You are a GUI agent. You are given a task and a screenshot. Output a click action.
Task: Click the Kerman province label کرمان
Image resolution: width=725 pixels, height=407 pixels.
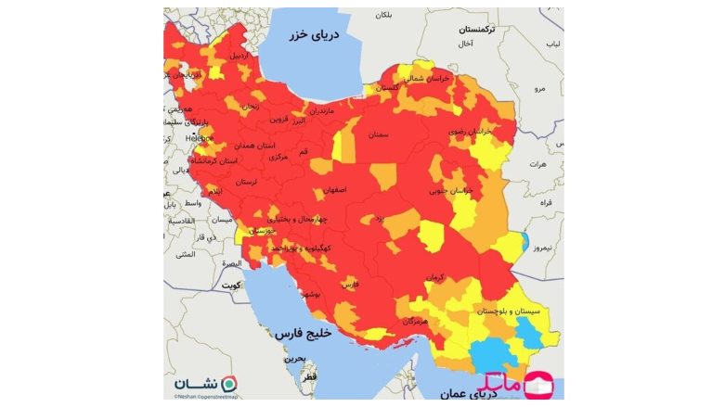click(436, 277)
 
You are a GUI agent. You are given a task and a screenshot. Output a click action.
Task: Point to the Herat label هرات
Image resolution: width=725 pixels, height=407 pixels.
click(537, 164)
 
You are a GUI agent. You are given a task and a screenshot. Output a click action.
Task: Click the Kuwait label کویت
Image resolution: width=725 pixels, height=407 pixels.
click(230, 286)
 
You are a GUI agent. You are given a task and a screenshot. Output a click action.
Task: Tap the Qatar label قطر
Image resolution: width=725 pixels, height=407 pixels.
click(309, 377)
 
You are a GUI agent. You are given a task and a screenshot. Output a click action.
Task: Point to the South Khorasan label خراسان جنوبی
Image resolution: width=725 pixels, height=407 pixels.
click(452, 190)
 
